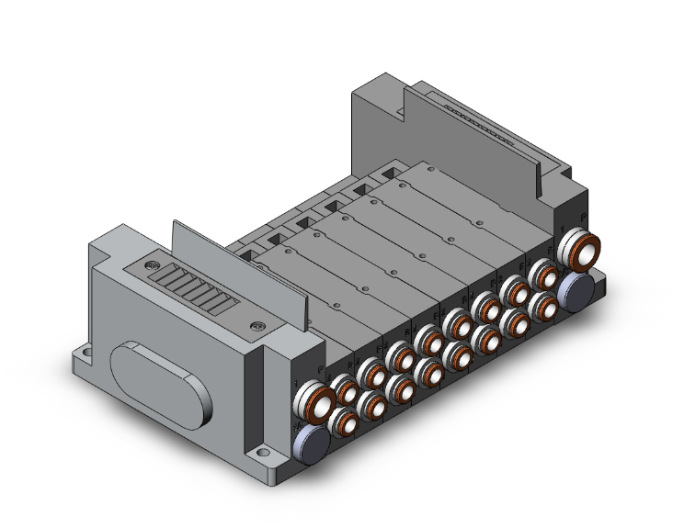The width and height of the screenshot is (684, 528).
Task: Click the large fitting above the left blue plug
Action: (x=308, y=402)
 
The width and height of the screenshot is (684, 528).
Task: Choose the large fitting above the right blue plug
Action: (x=579, y=247)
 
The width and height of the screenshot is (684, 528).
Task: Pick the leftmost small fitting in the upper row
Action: (x=345, y=390)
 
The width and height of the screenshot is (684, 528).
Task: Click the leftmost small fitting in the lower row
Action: (x=344, y=421)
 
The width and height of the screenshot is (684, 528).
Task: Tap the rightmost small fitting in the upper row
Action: (x=545, y=274)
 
